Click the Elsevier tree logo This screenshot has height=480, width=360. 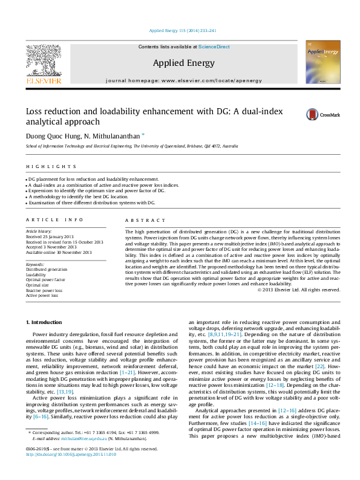[x=43, y=61]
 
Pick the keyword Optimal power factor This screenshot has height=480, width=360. [x=47, y=279]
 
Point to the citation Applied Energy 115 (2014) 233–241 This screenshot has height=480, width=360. [x=179, y=30]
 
